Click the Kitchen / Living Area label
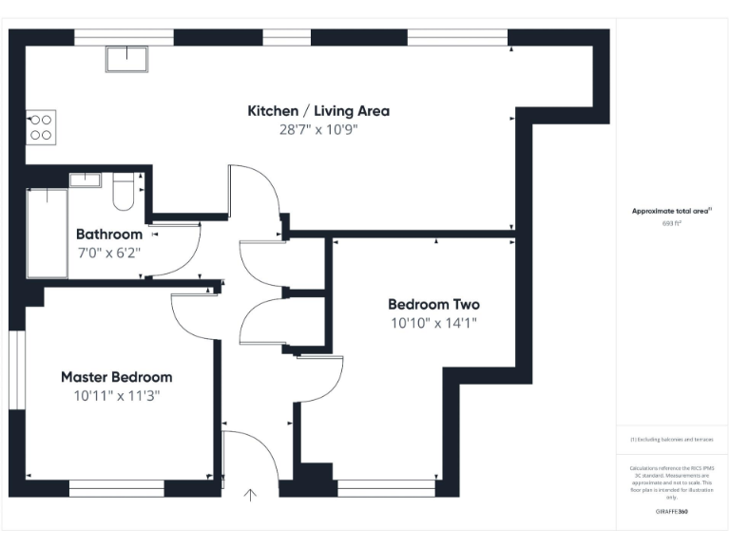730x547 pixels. [x=318, y=111]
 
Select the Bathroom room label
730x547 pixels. [x=109, y=234]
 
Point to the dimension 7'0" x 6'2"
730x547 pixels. [x=109, y=253]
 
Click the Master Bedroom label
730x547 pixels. [x=117, y=377]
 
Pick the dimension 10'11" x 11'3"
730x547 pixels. [x=117, y=396]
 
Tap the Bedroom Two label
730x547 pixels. [x=433, y=305]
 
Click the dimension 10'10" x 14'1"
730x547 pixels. [x=433, y=323]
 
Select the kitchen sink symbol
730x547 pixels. [x=126, y=57]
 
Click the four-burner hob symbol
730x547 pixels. [x=42, y=127]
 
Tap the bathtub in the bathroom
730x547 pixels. [x=47, y=233]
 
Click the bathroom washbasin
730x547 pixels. [x=85, y=179]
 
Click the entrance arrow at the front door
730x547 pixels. [x=251, y=494]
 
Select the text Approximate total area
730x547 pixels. [x=671, y=212]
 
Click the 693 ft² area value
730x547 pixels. [x=671, y=224]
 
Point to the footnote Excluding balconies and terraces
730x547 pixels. [x=671, y=440]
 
